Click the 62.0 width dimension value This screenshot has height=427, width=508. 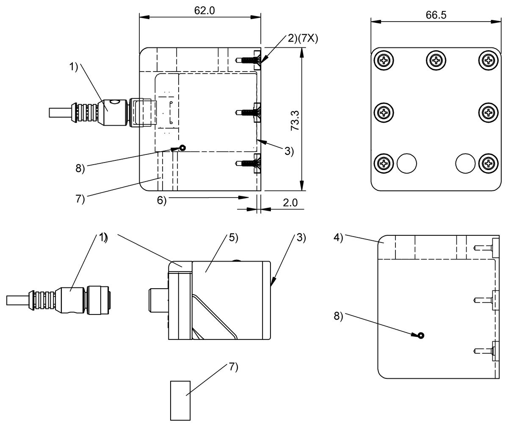pos(204,11)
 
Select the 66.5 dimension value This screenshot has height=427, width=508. pos(436,15)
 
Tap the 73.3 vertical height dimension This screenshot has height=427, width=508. pos(295,121)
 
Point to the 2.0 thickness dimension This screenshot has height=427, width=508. pos(290,203)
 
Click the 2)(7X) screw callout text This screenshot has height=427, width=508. pos(303,39)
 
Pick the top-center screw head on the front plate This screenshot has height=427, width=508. pos(436,60)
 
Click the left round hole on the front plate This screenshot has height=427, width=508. pos(407,163)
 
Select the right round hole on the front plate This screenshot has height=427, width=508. pos(465,163)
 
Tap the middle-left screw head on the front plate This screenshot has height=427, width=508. pos(384,113)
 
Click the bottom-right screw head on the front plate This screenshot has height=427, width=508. pos(489,163)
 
